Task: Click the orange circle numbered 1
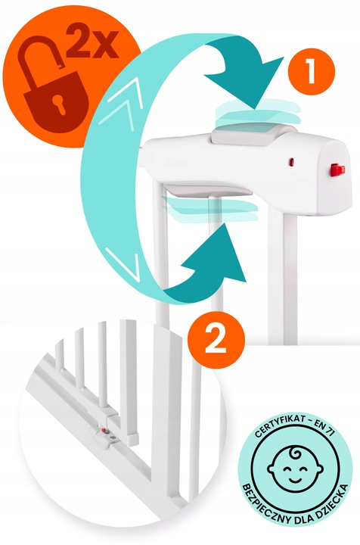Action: tap(311, 72)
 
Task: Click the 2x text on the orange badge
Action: tap(92, 43)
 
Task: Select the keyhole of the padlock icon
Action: tap(59, 103)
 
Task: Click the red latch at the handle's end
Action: tap(337, 170)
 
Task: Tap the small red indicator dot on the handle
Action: tap(291, 162)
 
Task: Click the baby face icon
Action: tap(295, 469)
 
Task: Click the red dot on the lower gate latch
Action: tap(103, 430)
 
